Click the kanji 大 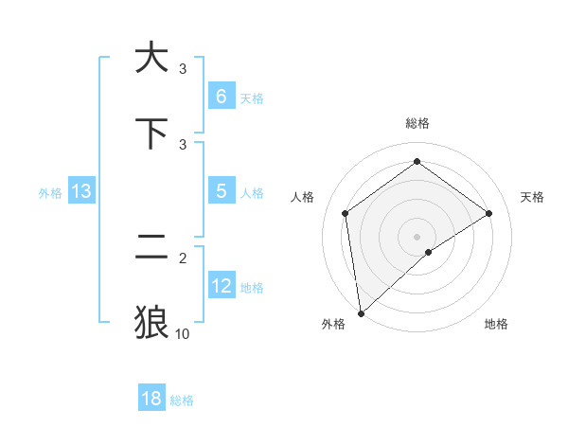point(151,58)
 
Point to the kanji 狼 point(151,322)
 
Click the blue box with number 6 point(221,97)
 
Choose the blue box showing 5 point(221,191)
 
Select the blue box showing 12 point(221,286)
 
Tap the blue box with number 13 point(81,191)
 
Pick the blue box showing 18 point(151,399)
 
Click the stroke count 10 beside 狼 point(183,333)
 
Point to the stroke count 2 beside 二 point(183,256)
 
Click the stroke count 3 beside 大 point(183,68)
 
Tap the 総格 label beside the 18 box point(182,400)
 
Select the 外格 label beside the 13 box point(50,193)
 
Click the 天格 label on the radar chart point(532,197)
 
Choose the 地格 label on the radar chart point(496,324)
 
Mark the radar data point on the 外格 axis point(360,312)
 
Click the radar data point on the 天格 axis point(488,213)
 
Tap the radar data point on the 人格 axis point(345,213)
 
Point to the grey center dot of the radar point(417,236)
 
